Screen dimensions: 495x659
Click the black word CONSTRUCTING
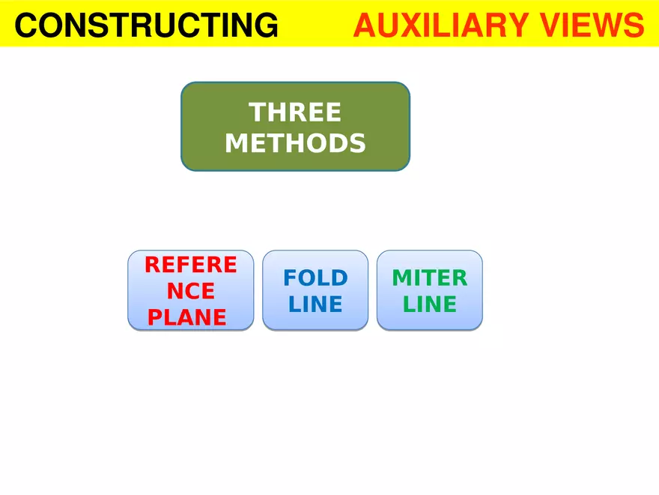(x=146, y=26)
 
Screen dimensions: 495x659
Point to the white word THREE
(x=295, y=112)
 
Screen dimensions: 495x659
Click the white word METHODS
(x=295, y=142)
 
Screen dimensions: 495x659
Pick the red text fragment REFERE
(x=190, y=265)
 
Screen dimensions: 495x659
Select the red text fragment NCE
(x=190, y=291)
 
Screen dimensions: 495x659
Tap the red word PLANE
(x=187, y=317)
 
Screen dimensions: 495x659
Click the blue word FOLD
(x=315, y=278)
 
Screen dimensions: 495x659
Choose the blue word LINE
(x=315, y=304)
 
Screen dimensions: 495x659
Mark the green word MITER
(x=429, y=278)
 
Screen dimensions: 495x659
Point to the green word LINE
(x=429, y=304)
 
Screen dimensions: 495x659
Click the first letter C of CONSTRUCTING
(x=25, y=26)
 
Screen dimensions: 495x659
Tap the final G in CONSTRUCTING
(x=265, y=26)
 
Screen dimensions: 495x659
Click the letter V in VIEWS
(x=550, y=26)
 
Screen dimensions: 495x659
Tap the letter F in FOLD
(x=290, y=278)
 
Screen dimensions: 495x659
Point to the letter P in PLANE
(x=155, y=317)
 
